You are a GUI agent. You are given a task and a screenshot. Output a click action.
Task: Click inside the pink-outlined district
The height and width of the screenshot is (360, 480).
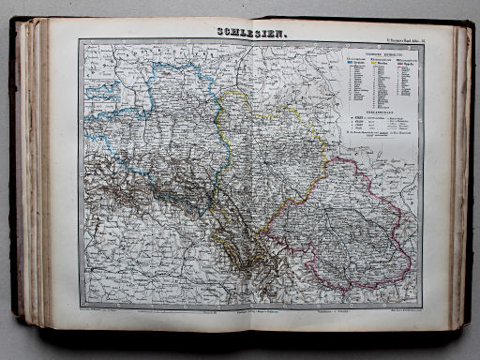click(361, 225)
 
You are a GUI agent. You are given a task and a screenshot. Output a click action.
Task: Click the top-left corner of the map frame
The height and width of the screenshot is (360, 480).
click(80, 41)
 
